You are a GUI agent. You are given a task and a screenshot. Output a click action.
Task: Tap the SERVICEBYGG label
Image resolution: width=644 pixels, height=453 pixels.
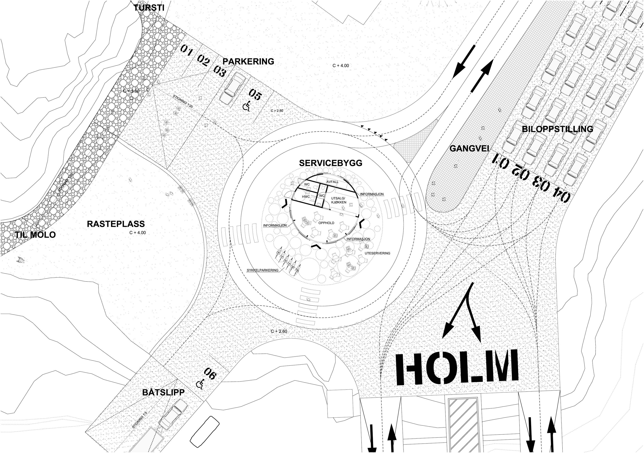[331, 163]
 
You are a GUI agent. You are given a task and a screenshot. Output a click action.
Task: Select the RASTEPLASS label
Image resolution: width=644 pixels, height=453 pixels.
[116, 224]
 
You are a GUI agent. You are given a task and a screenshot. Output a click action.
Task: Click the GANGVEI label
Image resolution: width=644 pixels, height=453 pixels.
[469, 148]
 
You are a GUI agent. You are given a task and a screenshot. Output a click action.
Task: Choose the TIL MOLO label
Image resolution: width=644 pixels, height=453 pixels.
[35, 234]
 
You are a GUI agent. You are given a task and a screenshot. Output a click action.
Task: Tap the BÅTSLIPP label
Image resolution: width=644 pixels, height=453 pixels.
[163, 392]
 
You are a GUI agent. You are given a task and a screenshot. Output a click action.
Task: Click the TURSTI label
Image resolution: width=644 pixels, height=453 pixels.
[149, 7]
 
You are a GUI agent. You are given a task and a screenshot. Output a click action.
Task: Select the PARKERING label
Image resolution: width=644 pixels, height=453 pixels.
[248, 61]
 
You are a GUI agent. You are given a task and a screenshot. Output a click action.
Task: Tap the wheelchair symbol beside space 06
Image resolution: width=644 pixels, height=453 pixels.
[200, 384]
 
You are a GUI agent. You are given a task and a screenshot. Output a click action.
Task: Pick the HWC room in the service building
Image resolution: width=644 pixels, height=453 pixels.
[306, 197]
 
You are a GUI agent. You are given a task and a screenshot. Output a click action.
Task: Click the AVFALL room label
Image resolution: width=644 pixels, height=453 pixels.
[332, 182]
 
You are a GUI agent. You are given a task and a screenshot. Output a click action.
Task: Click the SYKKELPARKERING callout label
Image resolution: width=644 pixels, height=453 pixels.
[262, 270]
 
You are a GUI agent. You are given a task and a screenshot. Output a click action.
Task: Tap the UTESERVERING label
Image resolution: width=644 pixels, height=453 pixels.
[377, 253]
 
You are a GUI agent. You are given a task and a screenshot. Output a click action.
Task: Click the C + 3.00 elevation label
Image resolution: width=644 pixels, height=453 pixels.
[131, 91]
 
